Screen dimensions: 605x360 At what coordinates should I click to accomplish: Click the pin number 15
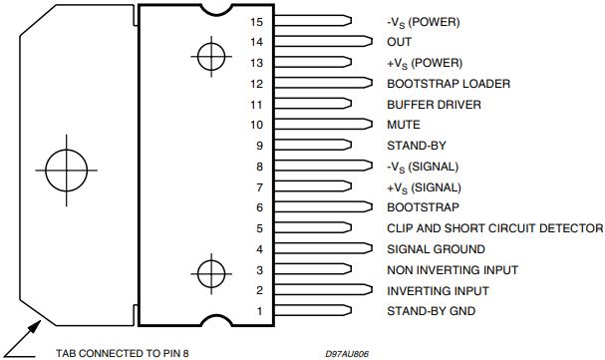[x=256, y=22]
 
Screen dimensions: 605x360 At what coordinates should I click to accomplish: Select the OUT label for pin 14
[x=400, y=42]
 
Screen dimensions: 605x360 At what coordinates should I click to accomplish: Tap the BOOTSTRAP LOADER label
[x=449, y=84]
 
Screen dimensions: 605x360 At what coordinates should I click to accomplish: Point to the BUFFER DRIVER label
[x=435, y=105]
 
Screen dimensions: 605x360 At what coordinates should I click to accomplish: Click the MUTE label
[x=404, y=125]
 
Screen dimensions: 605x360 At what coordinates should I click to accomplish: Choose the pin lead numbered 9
[x=313, y=145]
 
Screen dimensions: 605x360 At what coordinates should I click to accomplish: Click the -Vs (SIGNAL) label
[x=423, y=168]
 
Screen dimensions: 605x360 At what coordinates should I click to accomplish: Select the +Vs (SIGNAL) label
[x=424, y=187]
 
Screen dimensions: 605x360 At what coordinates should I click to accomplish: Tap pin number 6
[x=260, y=207]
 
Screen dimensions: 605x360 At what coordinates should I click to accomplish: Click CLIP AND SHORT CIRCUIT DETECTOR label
[x=495, y=228]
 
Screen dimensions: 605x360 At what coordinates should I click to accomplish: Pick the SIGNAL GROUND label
[x=436, y=249]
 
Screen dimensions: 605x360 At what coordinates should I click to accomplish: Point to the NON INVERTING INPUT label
[x=453, y=270]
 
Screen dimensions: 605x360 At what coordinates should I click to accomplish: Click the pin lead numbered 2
[x=323, y=290]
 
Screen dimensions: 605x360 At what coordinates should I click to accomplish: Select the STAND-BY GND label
[x=431, y=311]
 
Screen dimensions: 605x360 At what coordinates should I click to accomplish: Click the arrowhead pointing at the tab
[x=35, y=326]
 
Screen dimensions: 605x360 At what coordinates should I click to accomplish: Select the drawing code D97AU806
[x=347, y=354]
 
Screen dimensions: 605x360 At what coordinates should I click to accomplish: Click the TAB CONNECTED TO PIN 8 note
[x=123, y=353]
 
